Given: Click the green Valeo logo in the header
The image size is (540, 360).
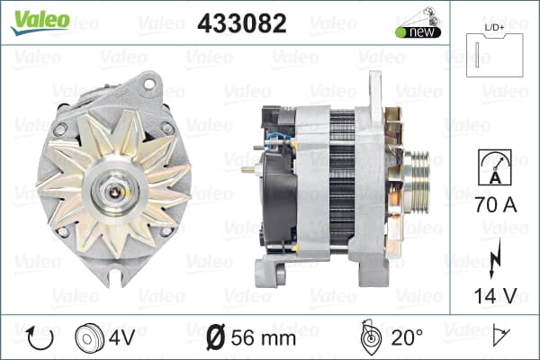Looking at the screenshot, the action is [x=40, y=22].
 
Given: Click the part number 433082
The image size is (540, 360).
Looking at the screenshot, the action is [x=242, y=23].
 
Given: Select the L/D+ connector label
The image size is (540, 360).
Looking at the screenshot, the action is [x=494, y=28].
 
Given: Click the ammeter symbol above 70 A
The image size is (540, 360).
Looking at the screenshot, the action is [x=495, y=167].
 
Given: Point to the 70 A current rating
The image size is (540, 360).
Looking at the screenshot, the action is [x=496, y=205].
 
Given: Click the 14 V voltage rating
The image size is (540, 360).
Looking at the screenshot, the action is [x=496, y=295].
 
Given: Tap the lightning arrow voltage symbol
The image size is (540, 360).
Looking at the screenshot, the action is [x=495, y=258].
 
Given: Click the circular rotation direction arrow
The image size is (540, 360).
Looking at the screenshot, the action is [x=40, y=338].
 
